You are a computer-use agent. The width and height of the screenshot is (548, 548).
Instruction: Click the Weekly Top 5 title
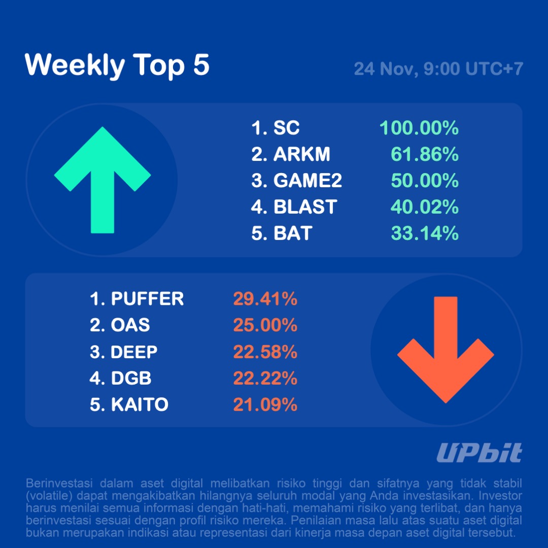(117, 65)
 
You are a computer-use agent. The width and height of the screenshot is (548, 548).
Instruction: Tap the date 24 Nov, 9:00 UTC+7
(438, 68)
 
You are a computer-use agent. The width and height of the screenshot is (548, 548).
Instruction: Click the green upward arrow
(102, 180)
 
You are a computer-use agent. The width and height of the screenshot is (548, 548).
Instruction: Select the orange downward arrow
(446, 350)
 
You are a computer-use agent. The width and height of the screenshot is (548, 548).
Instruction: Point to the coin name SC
(287, 128)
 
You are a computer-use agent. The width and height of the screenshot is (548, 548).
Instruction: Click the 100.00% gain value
(419, 128)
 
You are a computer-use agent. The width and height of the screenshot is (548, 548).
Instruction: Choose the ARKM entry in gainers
(295, 154)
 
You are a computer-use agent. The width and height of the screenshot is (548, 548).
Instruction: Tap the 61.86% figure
(425, 154)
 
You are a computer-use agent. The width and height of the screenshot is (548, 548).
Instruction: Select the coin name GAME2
(307, 181)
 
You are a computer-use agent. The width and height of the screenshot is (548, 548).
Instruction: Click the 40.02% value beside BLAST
(425, 207)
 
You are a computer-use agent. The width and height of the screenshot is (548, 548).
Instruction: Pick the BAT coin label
(293, 233)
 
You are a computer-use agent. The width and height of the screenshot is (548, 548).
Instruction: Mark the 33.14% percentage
(425, 233)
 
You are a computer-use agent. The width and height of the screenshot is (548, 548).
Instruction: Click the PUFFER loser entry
(147, 299)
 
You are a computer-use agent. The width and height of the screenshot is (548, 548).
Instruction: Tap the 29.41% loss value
(265, 299)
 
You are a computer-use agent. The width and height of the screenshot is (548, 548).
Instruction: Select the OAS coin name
(130, 325)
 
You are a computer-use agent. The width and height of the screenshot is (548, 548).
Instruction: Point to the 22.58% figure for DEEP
(265, 352)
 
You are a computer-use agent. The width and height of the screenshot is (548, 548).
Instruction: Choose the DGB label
(131, 378)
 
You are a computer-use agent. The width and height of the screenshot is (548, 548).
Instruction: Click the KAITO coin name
(140, 404)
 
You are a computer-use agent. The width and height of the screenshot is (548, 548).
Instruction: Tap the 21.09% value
(265, 404)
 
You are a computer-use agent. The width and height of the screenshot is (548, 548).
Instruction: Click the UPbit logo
(479, 453)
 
